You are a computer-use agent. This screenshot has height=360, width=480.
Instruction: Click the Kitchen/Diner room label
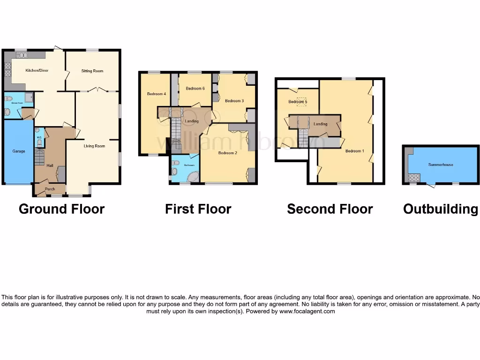click(x=37, y=71)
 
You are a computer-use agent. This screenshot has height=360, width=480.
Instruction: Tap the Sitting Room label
click(x=92, y=71)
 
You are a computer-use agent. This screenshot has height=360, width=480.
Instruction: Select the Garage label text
click(x=19, y=151)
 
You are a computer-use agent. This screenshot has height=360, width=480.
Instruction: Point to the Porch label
click(x=50, y=189)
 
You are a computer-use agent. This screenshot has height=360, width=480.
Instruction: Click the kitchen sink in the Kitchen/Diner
click(x=22, y=55)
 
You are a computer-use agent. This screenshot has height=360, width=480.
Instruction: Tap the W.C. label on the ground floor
click(x=39, y=138)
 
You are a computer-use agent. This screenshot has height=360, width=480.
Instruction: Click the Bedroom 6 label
click(x=195, y=89)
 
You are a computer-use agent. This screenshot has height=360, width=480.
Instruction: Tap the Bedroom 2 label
click(x=228, y=153)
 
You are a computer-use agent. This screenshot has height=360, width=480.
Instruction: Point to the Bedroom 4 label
click(x=157, y=94)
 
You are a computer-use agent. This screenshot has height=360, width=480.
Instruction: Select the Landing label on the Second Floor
click(x=320, y=124)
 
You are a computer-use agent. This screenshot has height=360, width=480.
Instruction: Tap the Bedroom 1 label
click(x=354, y=151)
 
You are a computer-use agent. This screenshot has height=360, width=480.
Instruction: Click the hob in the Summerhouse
click(x=414, y=177)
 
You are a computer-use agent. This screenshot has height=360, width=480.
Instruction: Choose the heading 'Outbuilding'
click(x=441, y=209)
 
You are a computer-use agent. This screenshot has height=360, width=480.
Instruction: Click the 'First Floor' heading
click(x=198, y=209)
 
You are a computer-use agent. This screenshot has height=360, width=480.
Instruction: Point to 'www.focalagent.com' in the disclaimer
click(x=307, y=311)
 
